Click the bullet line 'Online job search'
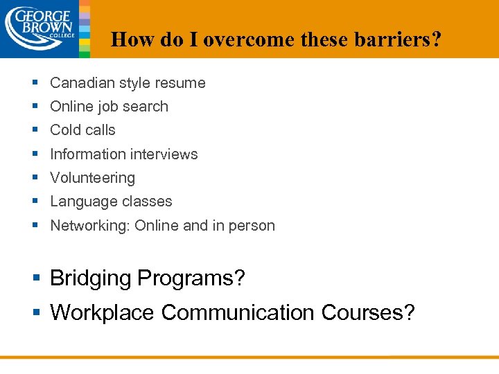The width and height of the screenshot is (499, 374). (109, 107)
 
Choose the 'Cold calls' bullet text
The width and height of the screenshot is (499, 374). (82, 130)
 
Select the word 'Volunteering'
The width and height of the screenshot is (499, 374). (92, 178)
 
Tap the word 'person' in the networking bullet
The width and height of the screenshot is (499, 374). (253, 226)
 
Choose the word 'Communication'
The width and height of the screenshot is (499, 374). (238, 313)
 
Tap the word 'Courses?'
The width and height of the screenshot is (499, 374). (368, 313)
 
